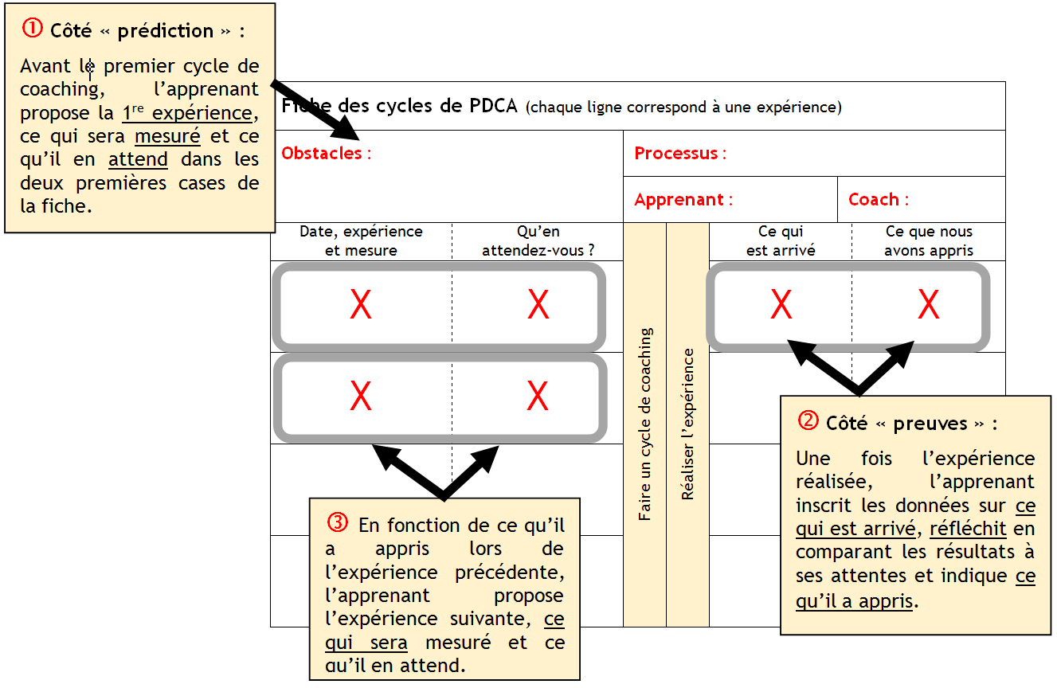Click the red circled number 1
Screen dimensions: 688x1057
click(32, 29)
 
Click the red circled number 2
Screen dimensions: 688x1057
click(808, 421)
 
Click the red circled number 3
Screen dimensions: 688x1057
click(338, 523)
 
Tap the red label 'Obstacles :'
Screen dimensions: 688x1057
click(327, 154)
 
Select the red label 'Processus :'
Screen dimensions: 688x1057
click(680, 154)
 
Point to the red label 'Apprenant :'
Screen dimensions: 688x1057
click(683, 200)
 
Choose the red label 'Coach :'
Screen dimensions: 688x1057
click(879, 200)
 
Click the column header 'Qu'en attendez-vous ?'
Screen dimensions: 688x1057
click(538, 240)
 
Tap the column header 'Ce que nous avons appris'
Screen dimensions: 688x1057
click(929, 240)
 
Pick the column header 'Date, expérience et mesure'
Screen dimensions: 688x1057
click(361, 240)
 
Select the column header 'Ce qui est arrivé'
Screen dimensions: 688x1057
click(781, 240)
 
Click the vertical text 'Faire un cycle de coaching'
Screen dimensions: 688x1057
click(645, 424)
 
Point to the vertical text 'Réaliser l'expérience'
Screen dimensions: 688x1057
click(687, 424)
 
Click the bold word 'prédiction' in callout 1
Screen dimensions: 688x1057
click(166, 31)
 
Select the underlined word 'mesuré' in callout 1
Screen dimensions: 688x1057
click(167, 136)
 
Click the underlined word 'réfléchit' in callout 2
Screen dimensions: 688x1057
click(968, 529)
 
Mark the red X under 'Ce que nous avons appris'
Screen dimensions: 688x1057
click(929, 305)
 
